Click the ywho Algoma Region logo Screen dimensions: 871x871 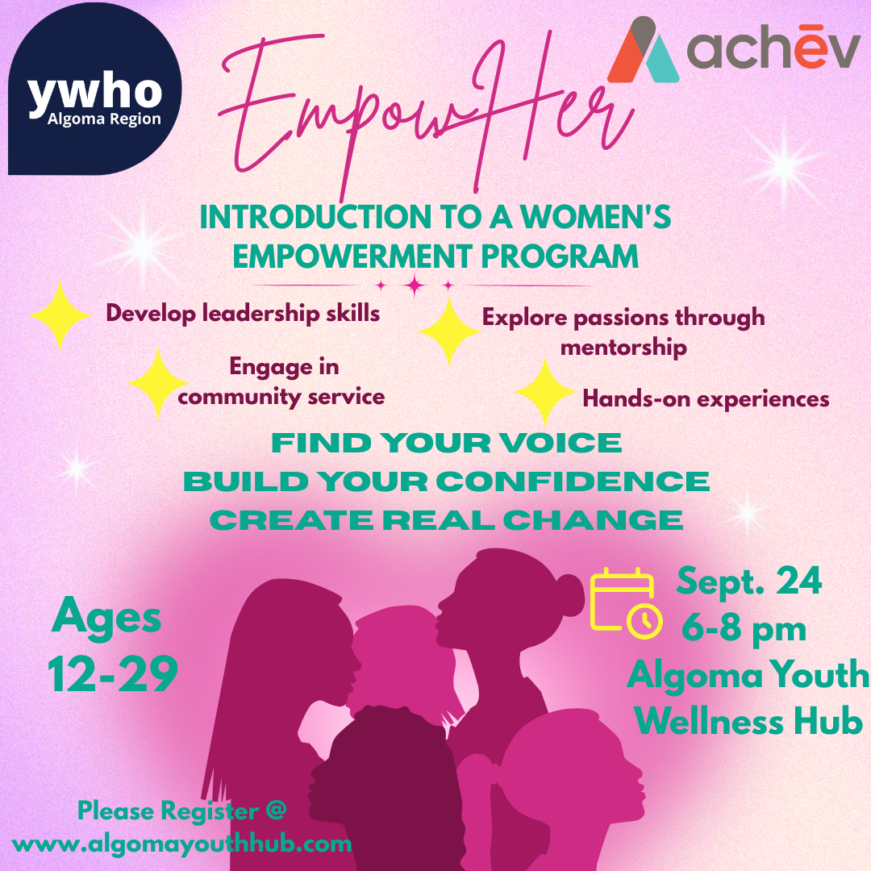click(x=94, y=89)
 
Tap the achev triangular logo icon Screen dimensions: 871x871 click(x=644, y=50)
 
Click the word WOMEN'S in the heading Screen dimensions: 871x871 click(x=595, y=217)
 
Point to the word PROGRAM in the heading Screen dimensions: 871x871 click(x=560, y=256)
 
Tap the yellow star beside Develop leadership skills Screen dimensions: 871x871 click(x=60, y=315)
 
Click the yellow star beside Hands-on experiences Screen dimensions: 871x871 click(x=545, y=392)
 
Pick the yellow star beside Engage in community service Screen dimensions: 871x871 click(x=158, y=383)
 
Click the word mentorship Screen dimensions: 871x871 click(x=623, y=348)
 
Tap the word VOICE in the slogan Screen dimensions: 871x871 click(x=560, y=443)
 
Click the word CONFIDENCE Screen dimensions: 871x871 click(x=573, y=481)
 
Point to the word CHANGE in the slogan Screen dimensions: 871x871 click(x=594, y=520)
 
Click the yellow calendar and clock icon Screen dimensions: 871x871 click(x=626, y=604)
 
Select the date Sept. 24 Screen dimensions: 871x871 click(x=748, y=581)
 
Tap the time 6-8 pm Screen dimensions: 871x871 click(x=744, y=629)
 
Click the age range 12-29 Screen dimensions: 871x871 click(x=113, y=673)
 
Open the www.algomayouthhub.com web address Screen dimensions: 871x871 click(x=181, y=844)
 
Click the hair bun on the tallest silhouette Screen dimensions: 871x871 click(x=569, y=595)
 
